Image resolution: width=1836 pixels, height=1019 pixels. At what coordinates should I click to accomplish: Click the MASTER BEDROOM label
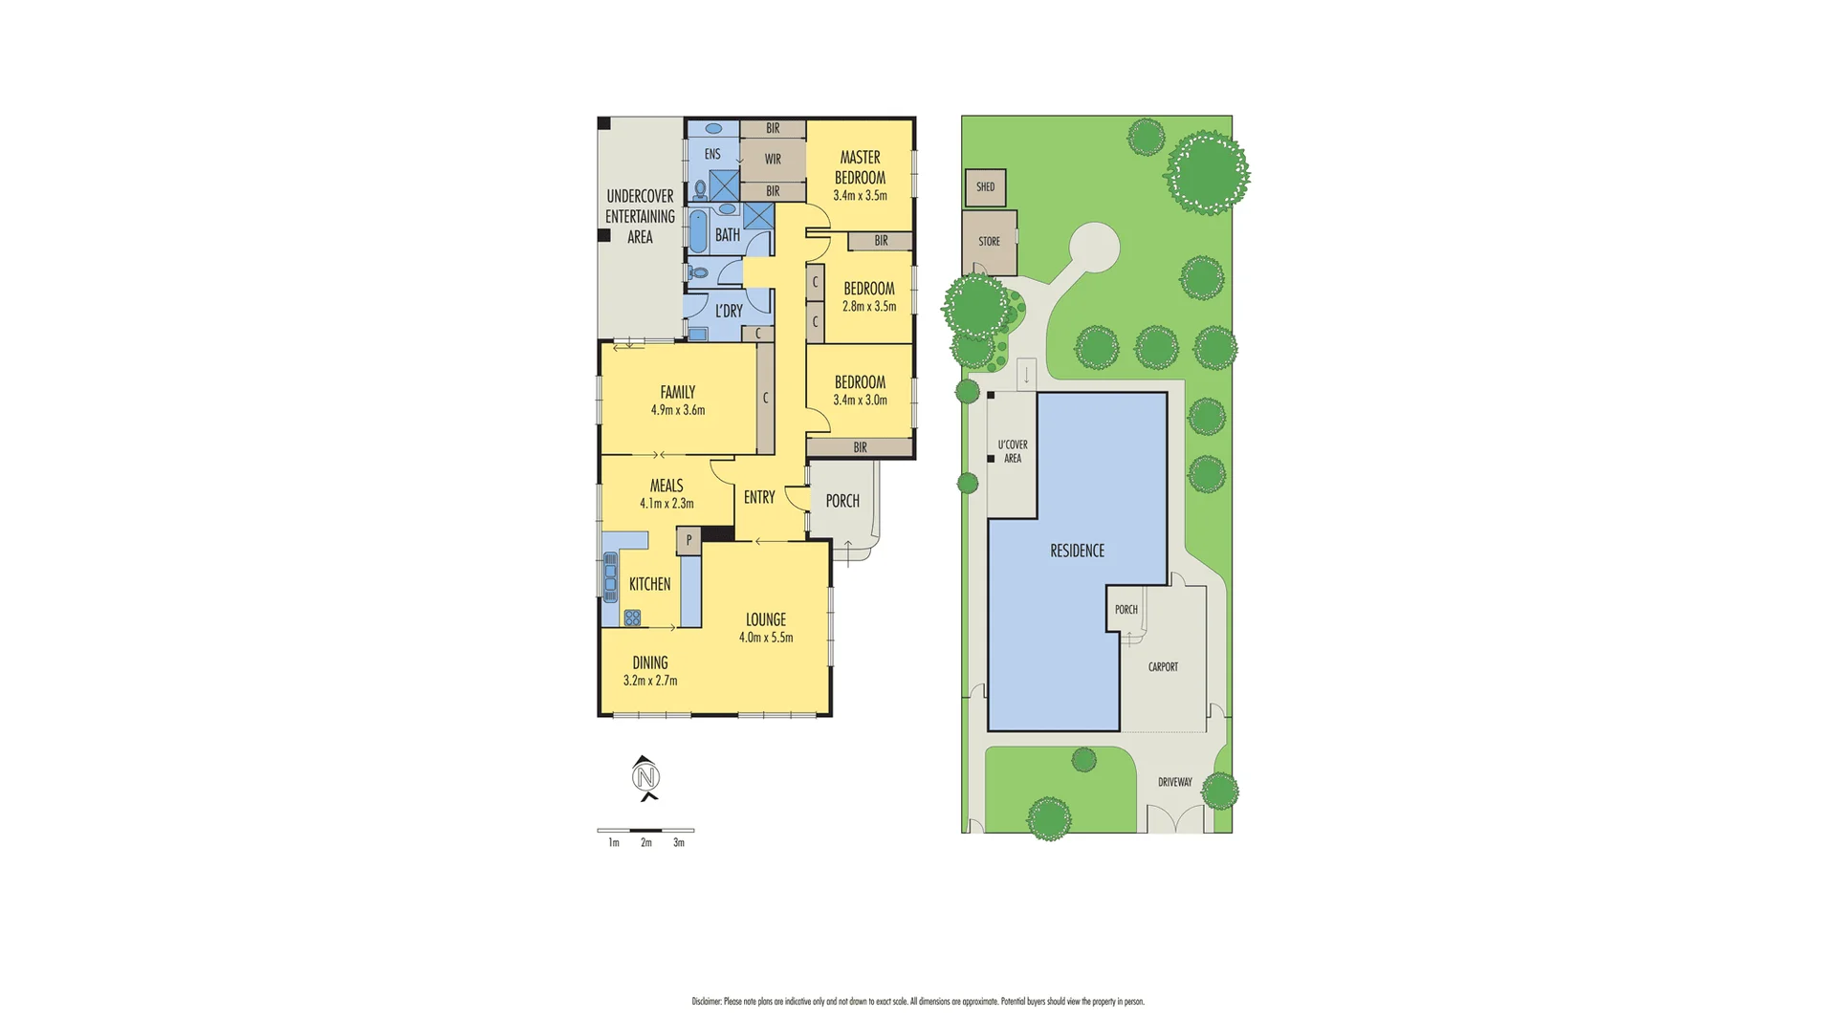click(x=860, y=167)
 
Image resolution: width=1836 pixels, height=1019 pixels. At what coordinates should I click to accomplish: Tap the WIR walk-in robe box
click(x=773, y=160)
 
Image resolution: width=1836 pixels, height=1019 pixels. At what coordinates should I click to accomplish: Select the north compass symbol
click(x=647, y=777)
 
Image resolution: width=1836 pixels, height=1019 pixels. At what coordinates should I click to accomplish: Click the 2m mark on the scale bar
click(x=646, y=842)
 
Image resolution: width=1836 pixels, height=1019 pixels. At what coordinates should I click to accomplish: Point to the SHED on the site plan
click(x=985, y=187)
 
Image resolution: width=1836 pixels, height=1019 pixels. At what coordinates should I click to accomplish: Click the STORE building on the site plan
click(x=989, y=242)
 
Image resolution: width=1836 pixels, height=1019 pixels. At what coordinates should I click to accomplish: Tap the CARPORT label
click(x=1163, y=667)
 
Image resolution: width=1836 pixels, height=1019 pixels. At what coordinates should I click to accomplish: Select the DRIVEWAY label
click(x=1174, y=782)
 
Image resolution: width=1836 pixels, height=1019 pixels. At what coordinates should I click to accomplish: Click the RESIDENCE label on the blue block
click(x=1077, y=551)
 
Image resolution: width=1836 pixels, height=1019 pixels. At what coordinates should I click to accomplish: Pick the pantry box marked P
click(x=688, y=541)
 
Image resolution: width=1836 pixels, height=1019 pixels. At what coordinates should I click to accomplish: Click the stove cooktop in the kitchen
click(x=632, y=617)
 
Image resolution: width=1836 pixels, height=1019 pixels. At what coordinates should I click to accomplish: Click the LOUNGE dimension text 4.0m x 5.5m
click(x=765, y=638)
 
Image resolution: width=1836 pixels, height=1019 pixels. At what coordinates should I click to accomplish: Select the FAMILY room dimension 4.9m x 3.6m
click(x=677, y=410)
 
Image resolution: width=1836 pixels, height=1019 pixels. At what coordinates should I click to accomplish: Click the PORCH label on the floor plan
click(x=841, y=501)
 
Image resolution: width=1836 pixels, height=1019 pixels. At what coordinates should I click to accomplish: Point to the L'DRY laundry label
click(x=729, y=311)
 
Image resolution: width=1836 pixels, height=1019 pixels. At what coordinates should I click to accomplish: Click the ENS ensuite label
click(x=712, y=154)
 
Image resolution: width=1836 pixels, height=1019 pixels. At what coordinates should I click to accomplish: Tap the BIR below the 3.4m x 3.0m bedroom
click(x=860, y=447)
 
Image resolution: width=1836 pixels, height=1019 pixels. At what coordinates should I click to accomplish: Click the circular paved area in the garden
click(x=1093, y=249)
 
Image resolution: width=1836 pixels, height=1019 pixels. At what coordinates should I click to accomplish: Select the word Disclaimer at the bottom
click(x=706, y=1002)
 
